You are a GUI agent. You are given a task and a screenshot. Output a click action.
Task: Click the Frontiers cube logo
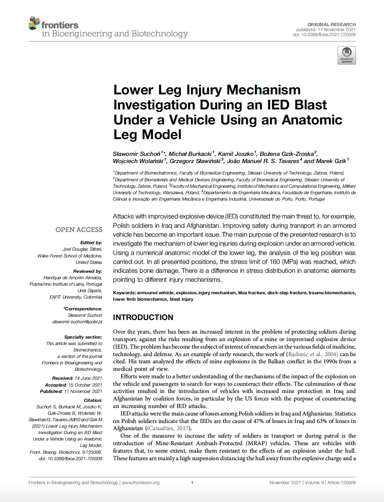tap(34, 23)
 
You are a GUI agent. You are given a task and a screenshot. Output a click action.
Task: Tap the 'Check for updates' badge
tap(346, 55)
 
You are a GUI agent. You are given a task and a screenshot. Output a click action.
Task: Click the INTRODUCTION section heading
tap(143, 317)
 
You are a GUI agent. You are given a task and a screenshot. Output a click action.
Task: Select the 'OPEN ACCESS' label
tap(79, 230)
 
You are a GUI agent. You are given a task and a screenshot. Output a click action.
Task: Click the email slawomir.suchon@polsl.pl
tap(77, 321)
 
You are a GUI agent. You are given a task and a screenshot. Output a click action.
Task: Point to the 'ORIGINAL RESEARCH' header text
tap(331, 24)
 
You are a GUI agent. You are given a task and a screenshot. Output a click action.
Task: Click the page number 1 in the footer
tap(192, 482)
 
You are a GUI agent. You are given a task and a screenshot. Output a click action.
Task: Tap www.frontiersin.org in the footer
tap(141, 482)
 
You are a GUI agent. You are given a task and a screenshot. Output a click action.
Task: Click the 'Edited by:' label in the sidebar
tap(91, 242)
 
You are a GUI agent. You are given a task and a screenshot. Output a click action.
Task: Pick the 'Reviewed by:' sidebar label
tap(88, 271)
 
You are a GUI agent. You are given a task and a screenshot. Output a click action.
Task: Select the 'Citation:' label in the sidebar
tap(93, 400)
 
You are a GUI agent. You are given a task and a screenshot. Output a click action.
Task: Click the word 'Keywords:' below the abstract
tap(124, 292)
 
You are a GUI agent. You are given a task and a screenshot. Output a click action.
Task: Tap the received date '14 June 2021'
tap(88, 378)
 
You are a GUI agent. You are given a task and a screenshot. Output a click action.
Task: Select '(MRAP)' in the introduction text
tap(256, 443)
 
